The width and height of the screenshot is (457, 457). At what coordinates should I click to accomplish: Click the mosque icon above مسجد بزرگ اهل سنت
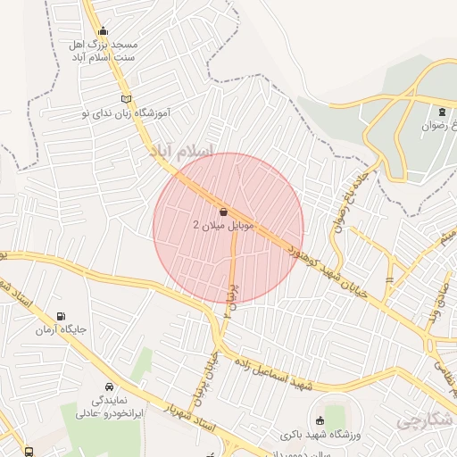click(x=103, y=30)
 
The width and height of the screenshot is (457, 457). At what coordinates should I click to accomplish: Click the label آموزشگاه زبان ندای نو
click(x=125, y=114)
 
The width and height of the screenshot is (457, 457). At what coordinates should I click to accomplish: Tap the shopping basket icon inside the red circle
click(x=222, y=211)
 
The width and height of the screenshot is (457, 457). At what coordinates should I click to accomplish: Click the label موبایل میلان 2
click(x=224, y=226)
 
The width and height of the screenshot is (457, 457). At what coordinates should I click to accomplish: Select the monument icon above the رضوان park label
click(x=441, y=112)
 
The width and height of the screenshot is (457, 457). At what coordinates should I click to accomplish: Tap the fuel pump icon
click(x=60, y=315)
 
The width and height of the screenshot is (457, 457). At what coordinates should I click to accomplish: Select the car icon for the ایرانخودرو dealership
click(x=109, y=387)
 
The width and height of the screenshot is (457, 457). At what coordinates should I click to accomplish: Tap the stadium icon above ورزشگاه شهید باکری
click(x=320, y=420)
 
